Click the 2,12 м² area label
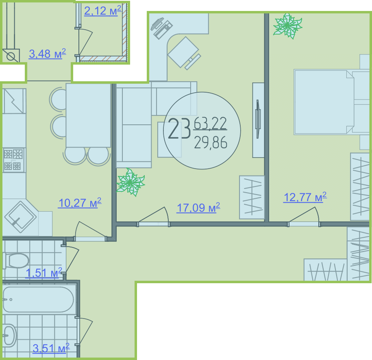tap(103, 11)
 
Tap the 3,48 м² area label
tap(48, 54)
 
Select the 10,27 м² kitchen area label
tap(80, 203)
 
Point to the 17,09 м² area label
tap(198, 208)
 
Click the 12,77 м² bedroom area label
tap(305, 197)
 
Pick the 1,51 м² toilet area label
tap(44, 273)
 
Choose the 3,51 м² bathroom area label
tap(51, 348)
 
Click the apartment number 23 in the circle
tap(179, 128)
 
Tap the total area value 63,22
tap(210, 124)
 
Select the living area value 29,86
tap(211, 143)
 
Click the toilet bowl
tap(16, 260)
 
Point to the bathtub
tap(39, 299)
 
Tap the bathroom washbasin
tap(9, 336)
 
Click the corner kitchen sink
tap(20, 217)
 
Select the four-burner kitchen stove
tap(13, 160)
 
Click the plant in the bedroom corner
tap(287, 26)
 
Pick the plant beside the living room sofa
tap(130, 182)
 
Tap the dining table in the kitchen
tap(88, 115)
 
